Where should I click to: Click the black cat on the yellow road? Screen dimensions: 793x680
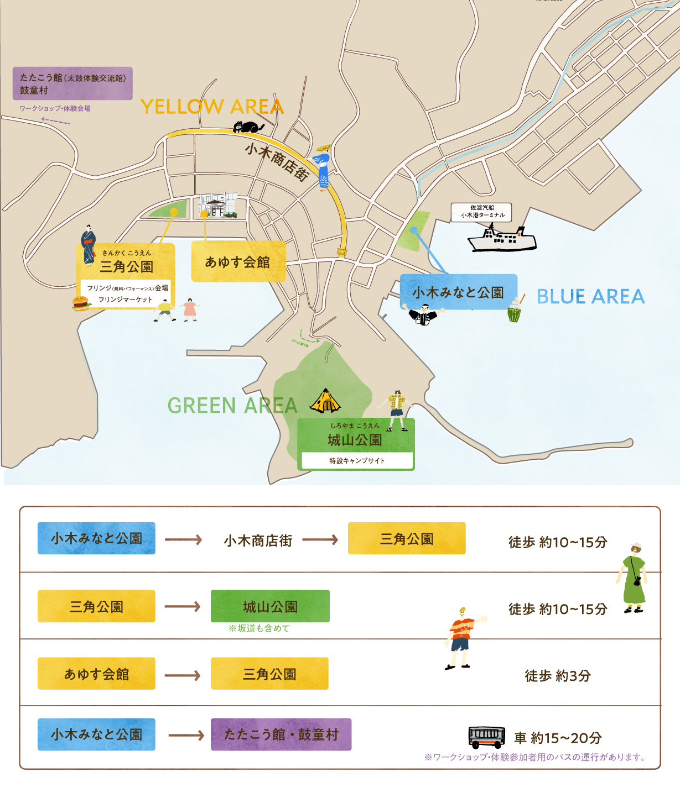pos(248,128)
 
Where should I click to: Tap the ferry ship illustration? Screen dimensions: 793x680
pos(502,239)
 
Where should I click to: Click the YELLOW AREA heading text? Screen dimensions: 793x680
pos(212,107)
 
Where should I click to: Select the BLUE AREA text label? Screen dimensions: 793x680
pos(590,297)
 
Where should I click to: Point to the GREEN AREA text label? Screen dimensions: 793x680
pos(232,406)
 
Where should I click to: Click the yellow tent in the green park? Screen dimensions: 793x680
pos(325,402)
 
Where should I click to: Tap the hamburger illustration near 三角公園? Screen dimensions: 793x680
pos(81,303)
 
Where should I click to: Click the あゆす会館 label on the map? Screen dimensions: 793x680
pos(238,262)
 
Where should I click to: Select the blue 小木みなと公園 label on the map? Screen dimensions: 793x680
pos(458,292)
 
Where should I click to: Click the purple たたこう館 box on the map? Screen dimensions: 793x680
pos(72,83)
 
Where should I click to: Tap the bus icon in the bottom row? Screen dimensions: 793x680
pos(486,737)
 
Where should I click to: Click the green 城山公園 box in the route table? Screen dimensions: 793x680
pos(270,606)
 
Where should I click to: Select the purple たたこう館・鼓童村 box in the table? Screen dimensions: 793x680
pos(281,734)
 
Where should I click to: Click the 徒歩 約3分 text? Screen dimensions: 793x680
pos(558,675)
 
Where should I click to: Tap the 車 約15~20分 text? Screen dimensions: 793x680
pos(558,738)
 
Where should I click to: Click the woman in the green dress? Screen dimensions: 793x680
pos(633,577)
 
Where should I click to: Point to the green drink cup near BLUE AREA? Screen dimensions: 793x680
pos(514,313)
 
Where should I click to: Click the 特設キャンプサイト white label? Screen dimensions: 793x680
pos(357,460)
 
